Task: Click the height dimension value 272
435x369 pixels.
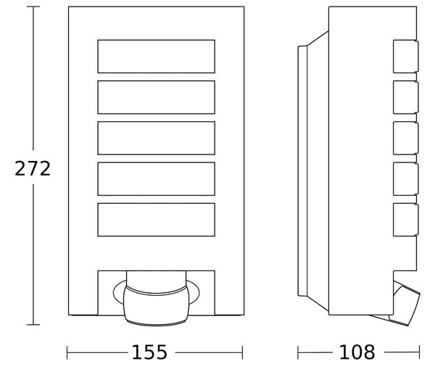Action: coord(33,168)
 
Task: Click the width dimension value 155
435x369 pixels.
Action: coord(149,352)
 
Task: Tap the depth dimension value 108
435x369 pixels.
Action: coord(357,352)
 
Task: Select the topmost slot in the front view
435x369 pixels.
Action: coord(156,57)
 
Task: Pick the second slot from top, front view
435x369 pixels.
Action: coord(156,97)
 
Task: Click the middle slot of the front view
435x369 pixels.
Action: coord(156,138)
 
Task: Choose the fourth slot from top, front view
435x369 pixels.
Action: coord(156,179)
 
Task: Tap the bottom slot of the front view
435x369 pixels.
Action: coord(156,220)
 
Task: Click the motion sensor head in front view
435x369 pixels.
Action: coord(156,305)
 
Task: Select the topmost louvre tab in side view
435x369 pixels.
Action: coord(405,57)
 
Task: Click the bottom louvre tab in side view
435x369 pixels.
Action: coord(405,220)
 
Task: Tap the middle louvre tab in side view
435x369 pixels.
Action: coord(405,138)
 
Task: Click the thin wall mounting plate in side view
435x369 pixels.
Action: coord(302,170)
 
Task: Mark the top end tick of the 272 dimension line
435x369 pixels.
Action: coord(33,7)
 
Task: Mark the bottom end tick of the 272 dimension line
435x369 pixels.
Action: coord(33,324)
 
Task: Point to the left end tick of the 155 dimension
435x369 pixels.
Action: coord(67,352)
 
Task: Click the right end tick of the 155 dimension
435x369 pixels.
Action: coord(242,352)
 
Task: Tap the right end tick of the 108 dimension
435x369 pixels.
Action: coord(420,352)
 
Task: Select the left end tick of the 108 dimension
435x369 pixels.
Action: coord(298,352)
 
